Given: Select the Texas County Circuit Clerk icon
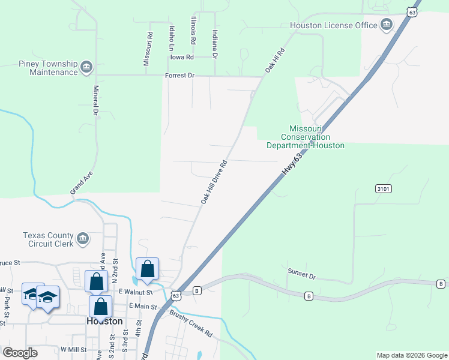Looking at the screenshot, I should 83,239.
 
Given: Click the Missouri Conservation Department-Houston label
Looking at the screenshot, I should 306,137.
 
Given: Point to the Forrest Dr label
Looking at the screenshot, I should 180,76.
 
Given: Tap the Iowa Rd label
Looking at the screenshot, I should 182,57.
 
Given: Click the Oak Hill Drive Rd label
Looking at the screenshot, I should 214,182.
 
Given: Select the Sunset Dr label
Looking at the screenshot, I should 301,275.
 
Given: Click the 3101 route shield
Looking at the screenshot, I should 384,189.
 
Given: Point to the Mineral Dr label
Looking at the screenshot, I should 95,100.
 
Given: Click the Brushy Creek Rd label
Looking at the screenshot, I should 191,323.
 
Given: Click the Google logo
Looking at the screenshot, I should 20,353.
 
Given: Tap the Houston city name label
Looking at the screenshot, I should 104,321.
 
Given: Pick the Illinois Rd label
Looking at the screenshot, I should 193,31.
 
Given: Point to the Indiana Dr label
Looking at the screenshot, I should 214,38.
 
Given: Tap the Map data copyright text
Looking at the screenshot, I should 412,355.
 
